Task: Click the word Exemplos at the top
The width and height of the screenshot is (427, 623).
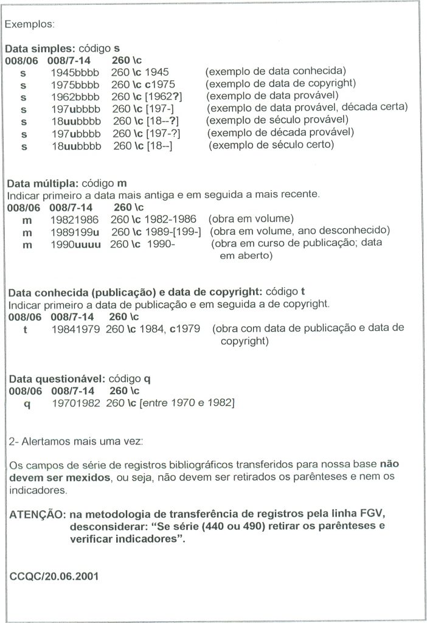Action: [29, 26]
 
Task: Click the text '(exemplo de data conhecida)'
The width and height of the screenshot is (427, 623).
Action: [276, 71]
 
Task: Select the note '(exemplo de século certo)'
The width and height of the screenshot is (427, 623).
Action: [272, 145]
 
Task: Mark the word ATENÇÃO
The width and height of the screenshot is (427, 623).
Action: [36, 515]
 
